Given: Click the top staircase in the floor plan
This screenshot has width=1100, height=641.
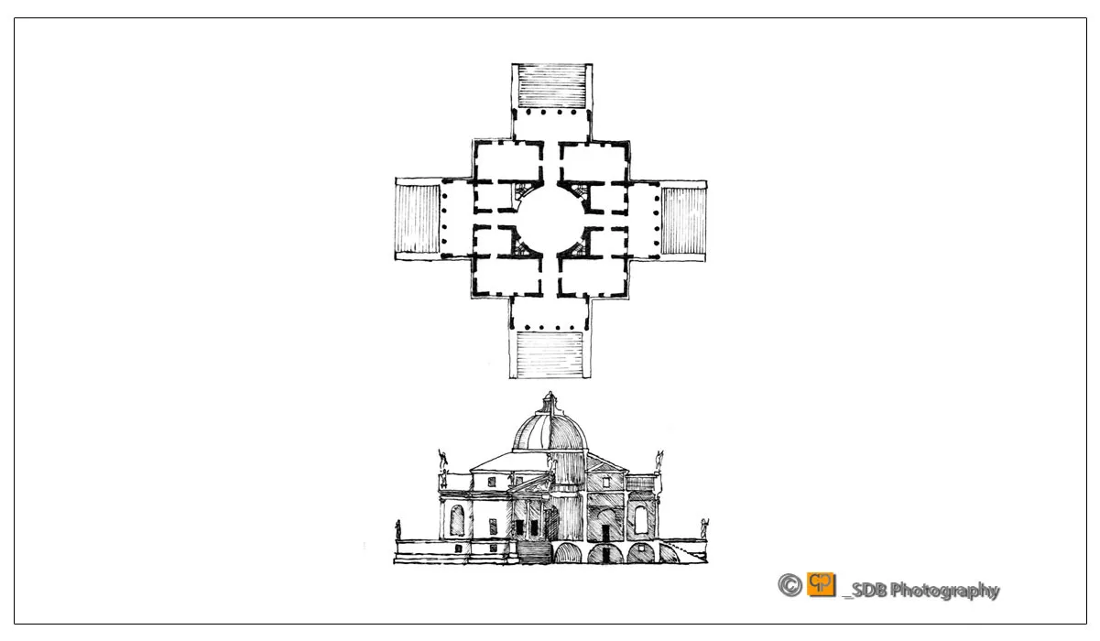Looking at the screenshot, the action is click(x=552, y=86).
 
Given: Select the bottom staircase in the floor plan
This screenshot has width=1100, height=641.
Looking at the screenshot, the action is click(x=550, y=354).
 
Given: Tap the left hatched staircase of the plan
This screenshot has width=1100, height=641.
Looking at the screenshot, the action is click(x=418, y=219).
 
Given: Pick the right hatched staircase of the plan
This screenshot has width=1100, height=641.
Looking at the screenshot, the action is click(x=683, y=221).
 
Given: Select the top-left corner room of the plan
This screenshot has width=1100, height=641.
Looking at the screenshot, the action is click(x=508, y=161).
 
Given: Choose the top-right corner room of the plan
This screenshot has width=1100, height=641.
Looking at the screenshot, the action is click(x=594, y=162).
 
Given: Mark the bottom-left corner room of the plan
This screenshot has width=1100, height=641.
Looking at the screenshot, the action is click(x=507, y=277).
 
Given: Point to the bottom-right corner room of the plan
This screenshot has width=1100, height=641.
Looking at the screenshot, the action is click(x=593, y=277).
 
